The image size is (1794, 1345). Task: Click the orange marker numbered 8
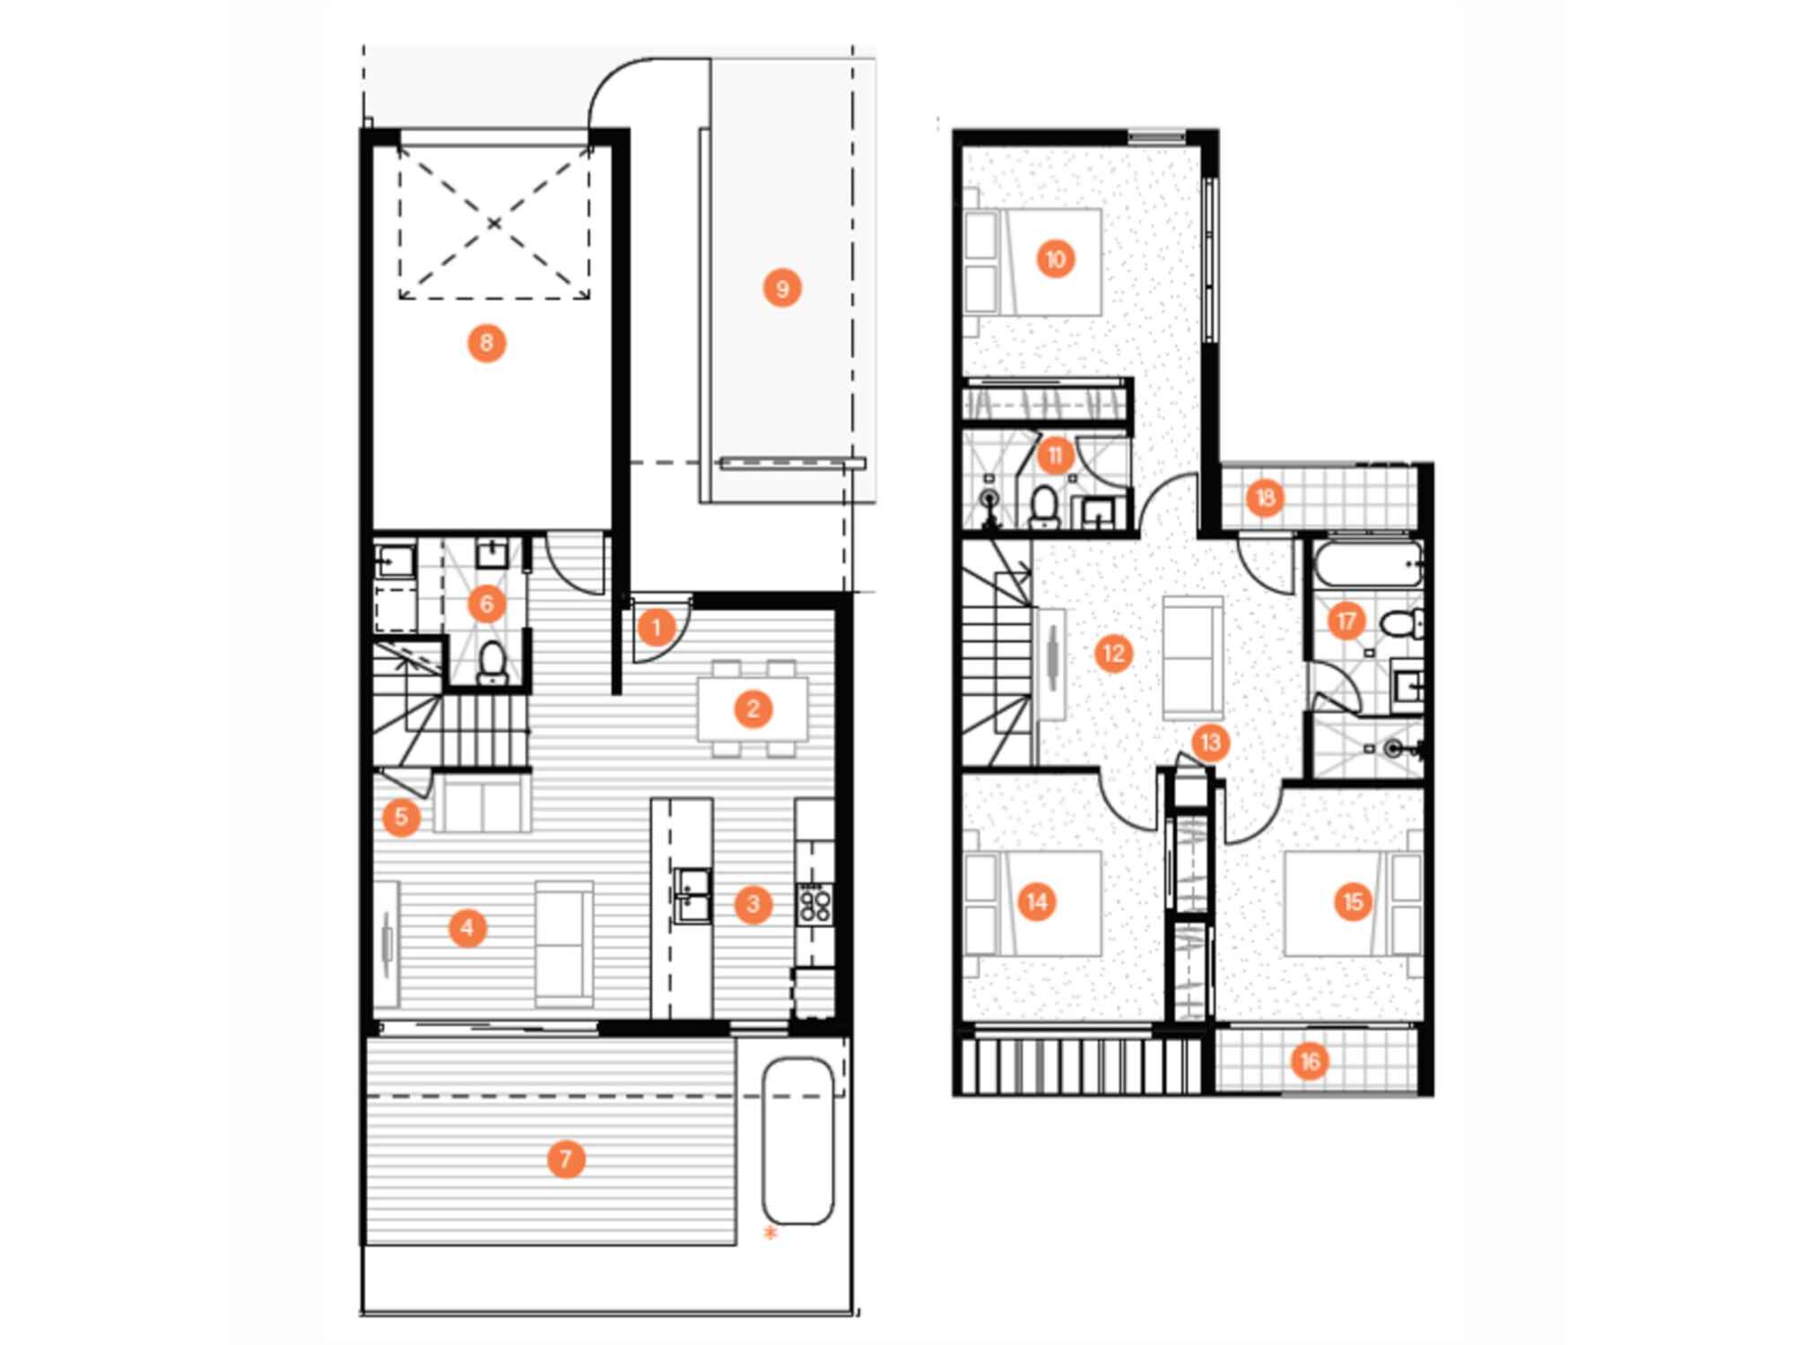click(486, 343)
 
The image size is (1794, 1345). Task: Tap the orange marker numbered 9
click(782, 289)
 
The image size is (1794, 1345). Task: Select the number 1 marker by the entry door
click(656, 628)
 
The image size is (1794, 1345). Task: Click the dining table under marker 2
click(753, 709)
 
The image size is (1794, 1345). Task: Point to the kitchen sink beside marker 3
click(692, 894)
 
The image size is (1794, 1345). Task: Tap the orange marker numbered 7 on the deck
click(566, 1158)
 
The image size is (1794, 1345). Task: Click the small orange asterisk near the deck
click(770, 1233)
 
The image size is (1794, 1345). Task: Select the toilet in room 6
click(492, 662)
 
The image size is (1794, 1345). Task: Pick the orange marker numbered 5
click(401, 817)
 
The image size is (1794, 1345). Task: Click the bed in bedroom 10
click(1032, 262)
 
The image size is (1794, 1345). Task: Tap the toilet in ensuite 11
click(1044, 508)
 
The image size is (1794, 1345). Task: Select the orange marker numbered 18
click(1266, 498)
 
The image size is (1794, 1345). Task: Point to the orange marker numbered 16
click(1310, 1062)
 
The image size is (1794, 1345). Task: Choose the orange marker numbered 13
click(1210, 742)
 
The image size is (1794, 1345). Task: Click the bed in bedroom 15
click(1353, 903)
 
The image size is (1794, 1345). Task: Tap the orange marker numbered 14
click(1037, 901)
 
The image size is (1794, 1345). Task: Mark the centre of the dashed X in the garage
click(494, 223)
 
